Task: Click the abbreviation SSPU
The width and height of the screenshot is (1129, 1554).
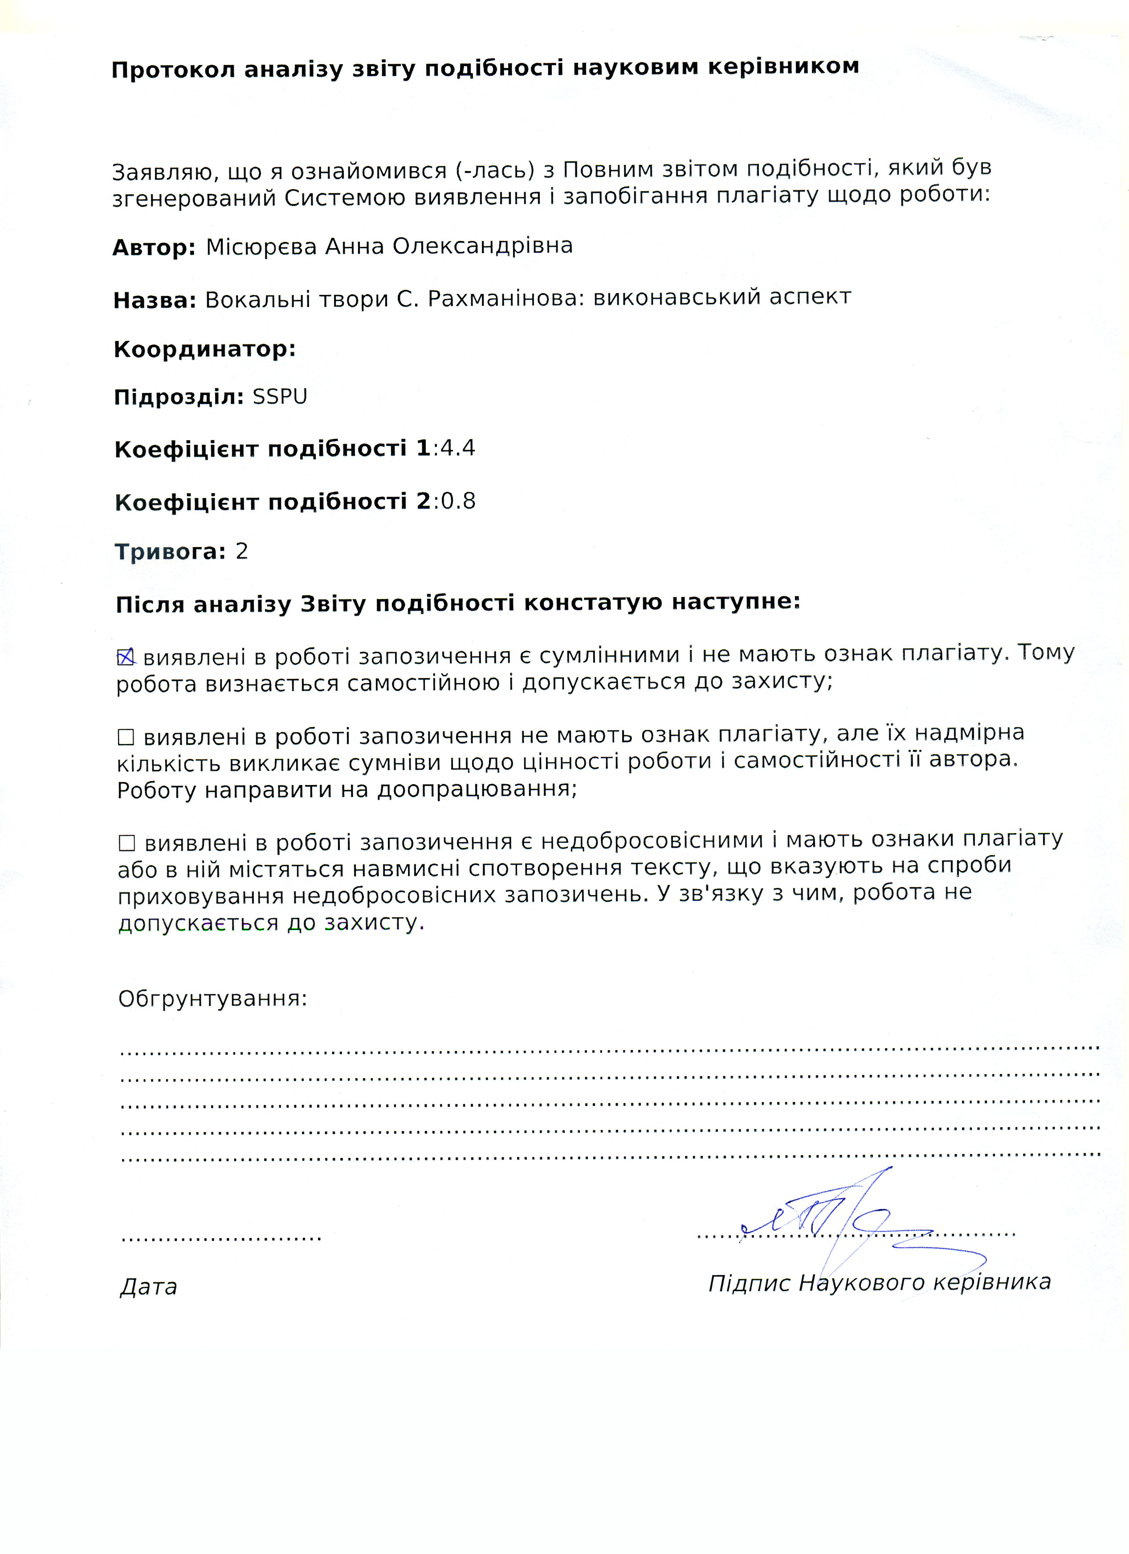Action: (280, 397)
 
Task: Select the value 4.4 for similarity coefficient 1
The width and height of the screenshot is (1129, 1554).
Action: (458, 448)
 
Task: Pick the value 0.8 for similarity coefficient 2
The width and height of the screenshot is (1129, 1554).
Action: (458, 502)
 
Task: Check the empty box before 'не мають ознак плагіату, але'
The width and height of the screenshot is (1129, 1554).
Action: (126, 737)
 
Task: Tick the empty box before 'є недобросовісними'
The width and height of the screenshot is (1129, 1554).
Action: (127, 843)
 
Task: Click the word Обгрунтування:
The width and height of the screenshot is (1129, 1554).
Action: (212, 999)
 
